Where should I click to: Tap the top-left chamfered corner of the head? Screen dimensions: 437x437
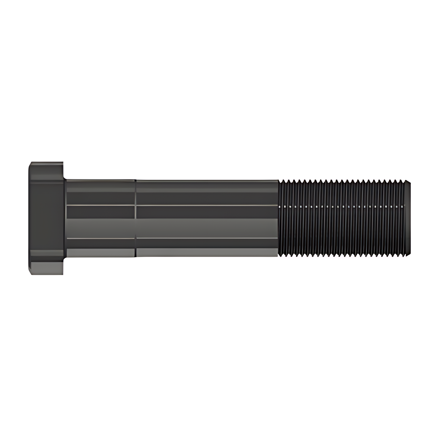(30, 164)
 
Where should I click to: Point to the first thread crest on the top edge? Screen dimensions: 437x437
(281, 181)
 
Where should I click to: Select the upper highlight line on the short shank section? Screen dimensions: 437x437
(100, 205)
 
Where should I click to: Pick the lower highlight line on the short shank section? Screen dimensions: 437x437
(100, 238)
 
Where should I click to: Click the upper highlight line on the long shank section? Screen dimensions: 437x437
(207, 205)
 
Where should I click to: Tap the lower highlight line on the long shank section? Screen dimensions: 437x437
(207, 238)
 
